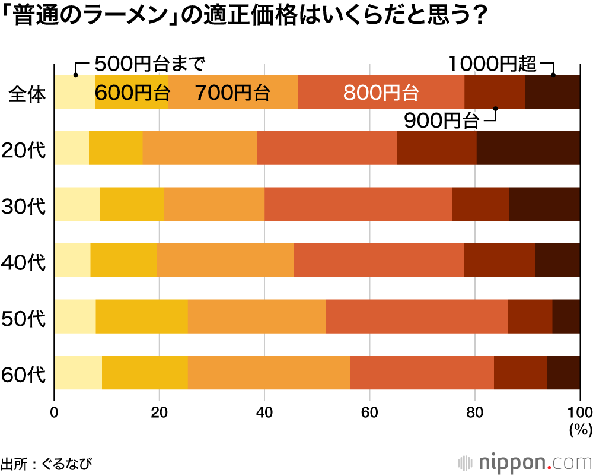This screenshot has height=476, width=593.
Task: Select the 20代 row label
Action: point(24,149)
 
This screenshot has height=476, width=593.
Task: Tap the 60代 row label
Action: point(24,375)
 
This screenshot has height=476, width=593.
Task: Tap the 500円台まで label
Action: point(149,62)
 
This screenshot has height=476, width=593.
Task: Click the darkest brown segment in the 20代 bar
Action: point(528,148)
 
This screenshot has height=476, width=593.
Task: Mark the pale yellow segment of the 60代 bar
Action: point(78,372)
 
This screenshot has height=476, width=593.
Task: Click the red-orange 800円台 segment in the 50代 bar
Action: point(417,316)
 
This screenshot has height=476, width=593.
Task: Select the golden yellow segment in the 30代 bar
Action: point(132,204)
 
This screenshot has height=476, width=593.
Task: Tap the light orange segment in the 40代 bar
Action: point(225,260)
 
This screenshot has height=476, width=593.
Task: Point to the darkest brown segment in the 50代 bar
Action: point(566,316)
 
